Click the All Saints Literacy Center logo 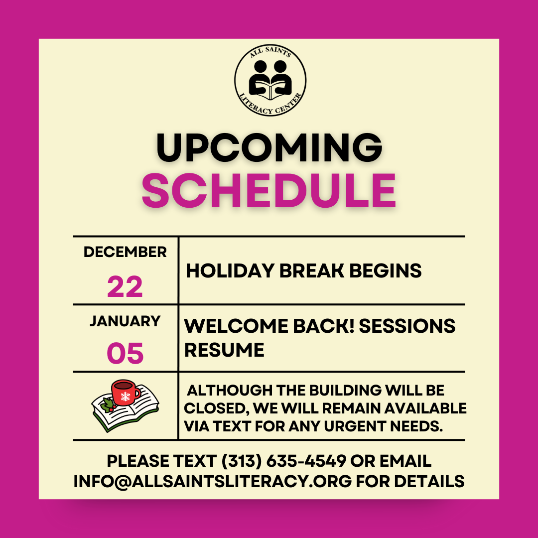270,80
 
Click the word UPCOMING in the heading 269,147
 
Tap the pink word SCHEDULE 269,190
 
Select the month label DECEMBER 125,252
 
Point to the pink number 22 125,286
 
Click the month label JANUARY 125,321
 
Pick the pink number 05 125,353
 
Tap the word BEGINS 385,270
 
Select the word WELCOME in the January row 236,326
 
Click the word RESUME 224,350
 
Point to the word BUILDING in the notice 345,390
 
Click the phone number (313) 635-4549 284,461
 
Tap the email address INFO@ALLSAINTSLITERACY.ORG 213,481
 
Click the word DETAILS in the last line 429,481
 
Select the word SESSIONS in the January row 407,326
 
